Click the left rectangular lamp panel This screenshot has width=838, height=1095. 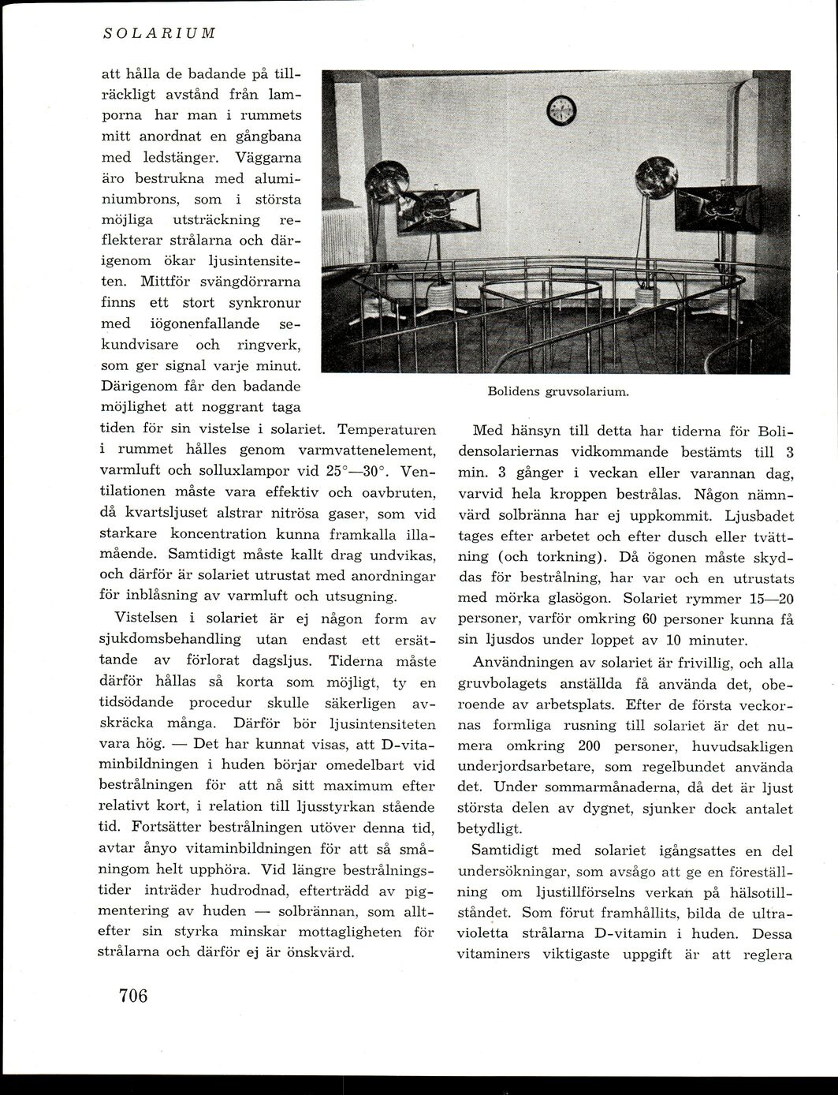tap(438, 211)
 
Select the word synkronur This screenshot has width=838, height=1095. tap(265, 302)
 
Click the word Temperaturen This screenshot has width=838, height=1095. tap(386, 430)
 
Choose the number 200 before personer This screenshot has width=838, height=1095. tap(593, 746)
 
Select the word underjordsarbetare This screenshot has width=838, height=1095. tap(520, 767)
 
